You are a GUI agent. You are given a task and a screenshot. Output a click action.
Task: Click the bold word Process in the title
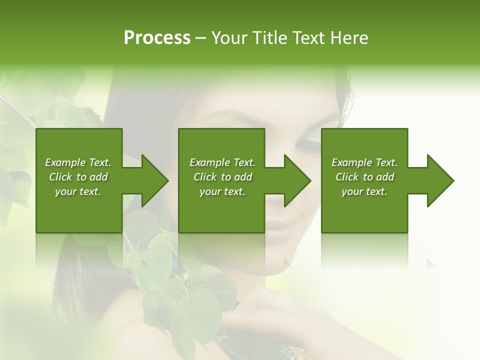pyautogui.click(x=157, y=38)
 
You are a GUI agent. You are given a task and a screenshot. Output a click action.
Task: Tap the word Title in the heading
pyautogui.click(x=269, y=38)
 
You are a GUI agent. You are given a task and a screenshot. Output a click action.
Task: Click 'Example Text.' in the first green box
pyautogui.click(x=78, y=162)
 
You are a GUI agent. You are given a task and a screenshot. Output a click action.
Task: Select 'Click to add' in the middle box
pyautogui.click(x=222, y=177)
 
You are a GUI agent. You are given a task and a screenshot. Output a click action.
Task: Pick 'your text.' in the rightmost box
pyautogui.click(x=364, y=191)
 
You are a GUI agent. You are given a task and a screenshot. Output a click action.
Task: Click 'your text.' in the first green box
pyautogui.click(x=78, y=191)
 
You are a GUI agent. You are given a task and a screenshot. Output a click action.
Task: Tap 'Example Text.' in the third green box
pyautogui.click(x=364, y=162)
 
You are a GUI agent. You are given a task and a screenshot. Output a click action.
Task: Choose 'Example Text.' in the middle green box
pyautogui.click(x=222, y=162)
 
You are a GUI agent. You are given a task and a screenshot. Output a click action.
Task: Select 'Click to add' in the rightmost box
pyautogui.click(x=364, y=177)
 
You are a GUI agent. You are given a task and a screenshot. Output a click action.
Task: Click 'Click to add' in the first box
pyautogui.click(x=78, y=177)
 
